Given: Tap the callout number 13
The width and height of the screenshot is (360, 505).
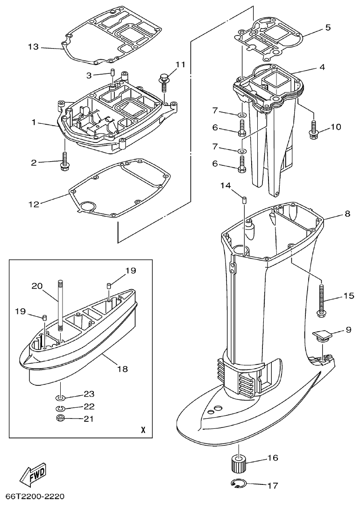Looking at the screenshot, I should [34, 47].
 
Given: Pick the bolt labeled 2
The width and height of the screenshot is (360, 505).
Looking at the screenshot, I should [64, 161].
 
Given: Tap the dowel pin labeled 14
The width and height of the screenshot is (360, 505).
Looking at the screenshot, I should [244, 200].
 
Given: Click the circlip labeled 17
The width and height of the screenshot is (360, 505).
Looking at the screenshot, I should [239, 485].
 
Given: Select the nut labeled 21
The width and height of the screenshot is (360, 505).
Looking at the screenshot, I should [60, 418].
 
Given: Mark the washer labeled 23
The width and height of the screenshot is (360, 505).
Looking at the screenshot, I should [61, 398].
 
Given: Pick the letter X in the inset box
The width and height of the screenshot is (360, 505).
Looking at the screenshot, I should [143, 430].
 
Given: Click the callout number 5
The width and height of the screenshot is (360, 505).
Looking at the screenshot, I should [328, 28].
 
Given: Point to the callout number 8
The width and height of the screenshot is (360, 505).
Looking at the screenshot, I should [347, 214].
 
